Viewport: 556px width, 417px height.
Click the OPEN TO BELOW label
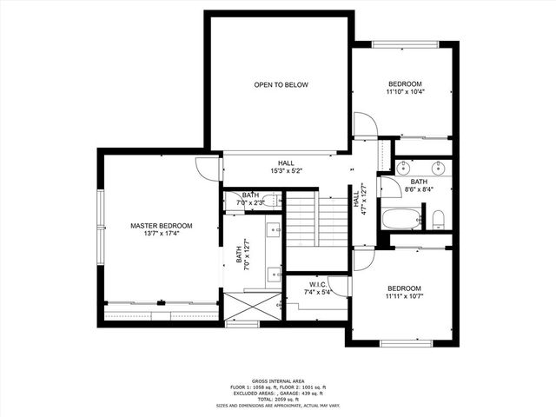pyautogui.click(x=281, y=85)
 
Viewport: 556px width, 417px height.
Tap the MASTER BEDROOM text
pyautogui.click(x=162, y=226)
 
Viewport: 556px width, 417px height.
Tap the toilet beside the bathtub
pyautogui.click(x=440, y=217)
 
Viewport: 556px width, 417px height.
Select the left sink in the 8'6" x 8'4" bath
pyautogui.click(x=405, y=168)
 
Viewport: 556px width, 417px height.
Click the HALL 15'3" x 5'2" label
pyautogui.click(x=286, y=167)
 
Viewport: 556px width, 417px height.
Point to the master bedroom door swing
pyautogui.click(x=208, y=169)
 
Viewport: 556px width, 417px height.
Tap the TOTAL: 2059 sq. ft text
pyautogui.click(x=277, y=400)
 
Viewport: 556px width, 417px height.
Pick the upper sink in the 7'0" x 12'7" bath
pyautogui.click(x=273, y=231)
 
